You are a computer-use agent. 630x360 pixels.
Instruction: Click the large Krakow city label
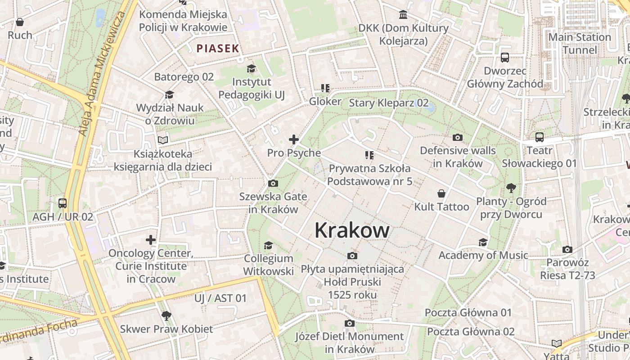352,230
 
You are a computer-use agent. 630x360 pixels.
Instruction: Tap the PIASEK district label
217,49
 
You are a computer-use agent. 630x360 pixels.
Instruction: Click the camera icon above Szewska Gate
273,183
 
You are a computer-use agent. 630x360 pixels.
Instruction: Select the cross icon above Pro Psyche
294,139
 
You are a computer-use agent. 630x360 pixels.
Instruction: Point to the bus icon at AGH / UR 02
63,203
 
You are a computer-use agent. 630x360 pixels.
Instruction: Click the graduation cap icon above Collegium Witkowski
268,245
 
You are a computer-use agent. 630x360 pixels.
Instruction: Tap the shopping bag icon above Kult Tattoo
441,193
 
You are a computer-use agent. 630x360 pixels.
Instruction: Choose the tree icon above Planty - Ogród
511,188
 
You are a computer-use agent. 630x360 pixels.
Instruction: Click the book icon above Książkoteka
162,140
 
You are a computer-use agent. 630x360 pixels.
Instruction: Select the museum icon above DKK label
403,15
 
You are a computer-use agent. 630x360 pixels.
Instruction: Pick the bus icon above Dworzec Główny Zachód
505,58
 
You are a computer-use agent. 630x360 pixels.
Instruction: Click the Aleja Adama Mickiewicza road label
102,74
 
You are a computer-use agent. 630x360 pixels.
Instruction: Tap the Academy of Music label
483,255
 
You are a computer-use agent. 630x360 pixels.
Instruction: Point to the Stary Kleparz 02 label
389,103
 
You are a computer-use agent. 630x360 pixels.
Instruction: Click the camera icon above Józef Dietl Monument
349,323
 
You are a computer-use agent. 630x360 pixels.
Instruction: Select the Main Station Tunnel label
580,43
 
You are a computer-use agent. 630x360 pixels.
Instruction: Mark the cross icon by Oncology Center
151,240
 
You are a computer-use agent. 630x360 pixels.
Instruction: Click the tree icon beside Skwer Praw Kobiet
166,315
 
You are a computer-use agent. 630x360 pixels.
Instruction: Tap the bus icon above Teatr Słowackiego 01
539,137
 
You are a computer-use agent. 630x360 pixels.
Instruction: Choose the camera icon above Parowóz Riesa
567,249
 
